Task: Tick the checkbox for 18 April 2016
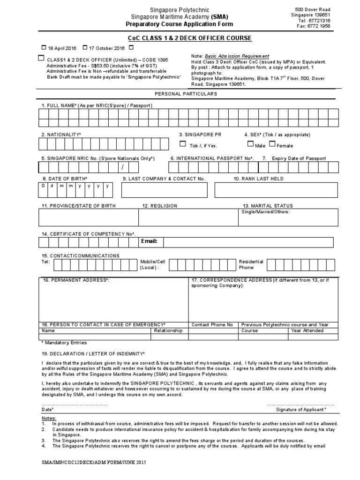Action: [x=44, y=47]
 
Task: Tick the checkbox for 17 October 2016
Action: [x=85, y=47]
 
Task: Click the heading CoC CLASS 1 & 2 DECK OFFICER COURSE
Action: [x=190, y=38]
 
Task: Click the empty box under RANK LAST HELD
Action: [x=276, y=190]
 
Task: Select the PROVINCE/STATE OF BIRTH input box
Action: [x=88, y=217]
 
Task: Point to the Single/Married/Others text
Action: [x=265, y=212]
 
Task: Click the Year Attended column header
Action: [x=307, y=330]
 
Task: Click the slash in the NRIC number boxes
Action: [x=123, y=167]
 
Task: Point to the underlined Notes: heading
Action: [x=48, y=418]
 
